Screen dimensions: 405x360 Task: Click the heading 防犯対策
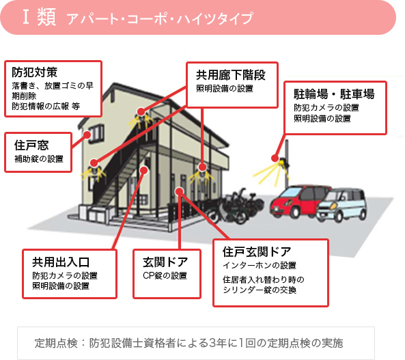34,72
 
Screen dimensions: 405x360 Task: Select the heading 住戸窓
31,145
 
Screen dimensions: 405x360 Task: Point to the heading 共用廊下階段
231,75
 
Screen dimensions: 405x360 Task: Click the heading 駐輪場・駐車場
334,94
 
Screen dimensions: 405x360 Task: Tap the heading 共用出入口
61,262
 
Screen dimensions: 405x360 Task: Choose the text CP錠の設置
165,275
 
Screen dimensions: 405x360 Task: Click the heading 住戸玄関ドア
257,251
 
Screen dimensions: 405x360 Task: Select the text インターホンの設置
260,266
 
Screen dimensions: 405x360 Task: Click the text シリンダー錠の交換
260,290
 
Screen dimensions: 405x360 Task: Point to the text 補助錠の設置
39,158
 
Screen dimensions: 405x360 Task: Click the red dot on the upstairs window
87,135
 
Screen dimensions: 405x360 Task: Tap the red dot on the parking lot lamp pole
275,158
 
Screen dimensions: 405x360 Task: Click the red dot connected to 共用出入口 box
144,170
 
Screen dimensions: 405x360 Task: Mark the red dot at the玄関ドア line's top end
179,191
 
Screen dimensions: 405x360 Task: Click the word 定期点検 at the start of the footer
56,343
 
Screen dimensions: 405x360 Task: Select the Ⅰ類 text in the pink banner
39,17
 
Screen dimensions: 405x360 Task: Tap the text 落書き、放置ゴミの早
53,85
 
